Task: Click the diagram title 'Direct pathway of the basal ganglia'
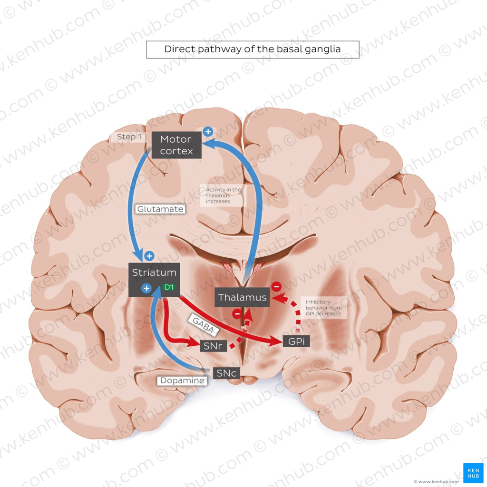click(252, 49)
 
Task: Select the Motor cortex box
click(176, 145)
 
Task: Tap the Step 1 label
click(129, 137)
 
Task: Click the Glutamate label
click(160, 208)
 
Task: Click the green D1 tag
click(168, 287)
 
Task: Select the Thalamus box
click(242, 298)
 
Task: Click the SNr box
click(213, 346)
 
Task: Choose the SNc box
click(226, 373)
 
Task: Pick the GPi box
click(296, 341)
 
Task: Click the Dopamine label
click(182, 380)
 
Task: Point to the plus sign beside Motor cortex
click(207, 132)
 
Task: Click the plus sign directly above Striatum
click(149, 256)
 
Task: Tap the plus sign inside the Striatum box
click(146, 288)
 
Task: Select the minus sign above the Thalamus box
click(276, 286)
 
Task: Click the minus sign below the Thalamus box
click(236, 313)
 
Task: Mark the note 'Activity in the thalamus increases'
click(224, 195)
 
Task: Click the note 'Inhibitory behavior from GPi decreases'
click(323, 308)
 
